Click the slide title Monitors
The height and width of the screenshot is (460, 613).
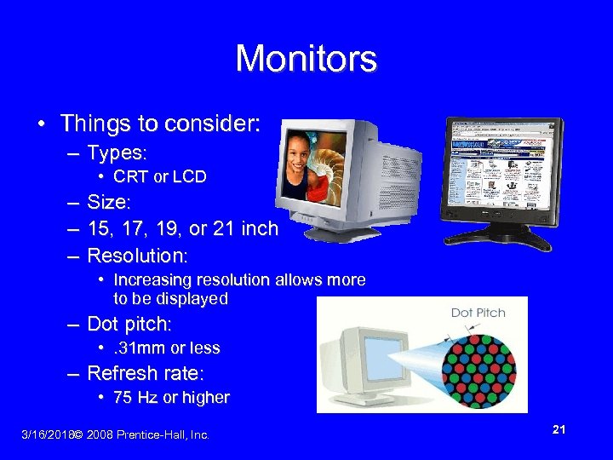306,59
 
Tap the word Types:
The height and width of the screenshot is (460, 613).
117,153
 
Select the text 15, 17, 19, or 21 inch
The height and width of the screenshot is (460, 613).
182,229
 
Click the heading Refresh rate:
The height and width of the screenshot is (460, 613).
144,373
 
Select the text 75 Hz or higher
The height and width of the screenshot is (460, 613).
171,397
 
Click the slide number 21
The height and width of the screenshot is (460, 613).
559,430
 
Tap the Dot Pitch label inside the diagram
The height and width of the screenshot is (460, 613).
478,313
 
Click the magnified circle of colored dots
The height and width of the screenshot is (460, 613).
481,364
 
